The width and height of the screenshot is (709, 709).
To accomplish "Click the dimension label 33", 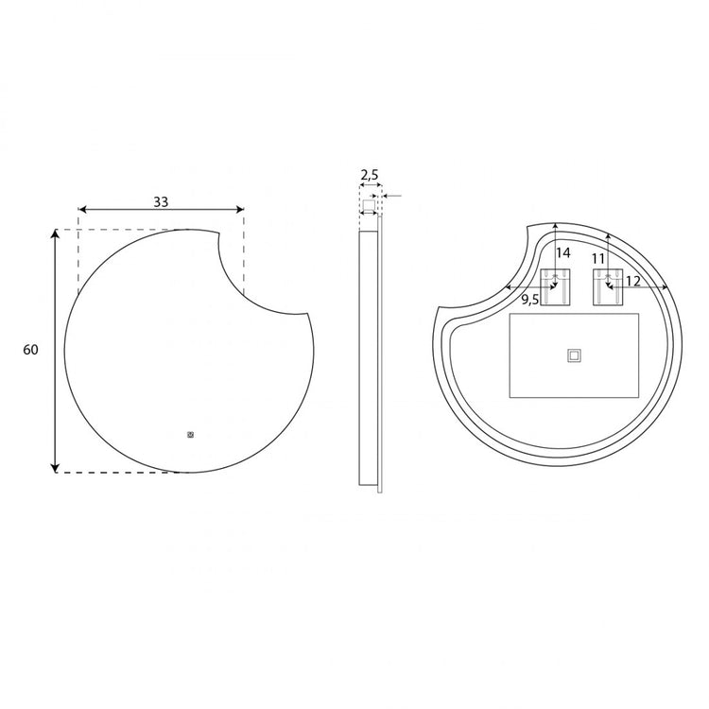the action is point(161,201).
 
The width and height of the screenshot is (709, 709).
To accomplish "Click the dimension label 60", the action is point(31,350).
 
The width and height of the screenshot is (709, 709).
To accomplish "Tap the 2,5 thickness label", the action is point(370,175).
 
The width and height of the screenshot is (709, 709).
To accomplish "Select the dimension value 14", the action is point(563,252).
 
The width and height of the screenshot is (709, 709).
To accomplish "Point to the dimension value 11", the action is point(597,259).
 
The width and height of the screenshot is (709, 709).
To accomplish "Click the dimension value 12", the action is point(633,282).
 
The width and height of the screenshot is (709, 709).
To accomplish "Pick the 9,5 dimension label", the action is point(530,300).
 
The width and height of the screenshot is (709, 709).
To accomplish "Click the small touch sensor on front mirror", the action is point(190,435).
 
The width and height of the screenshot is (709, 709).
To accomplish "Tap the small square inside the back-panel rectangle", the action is point(574,355).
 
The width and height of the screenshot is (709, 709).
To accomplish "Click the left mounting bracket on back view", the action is point(555,286).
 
